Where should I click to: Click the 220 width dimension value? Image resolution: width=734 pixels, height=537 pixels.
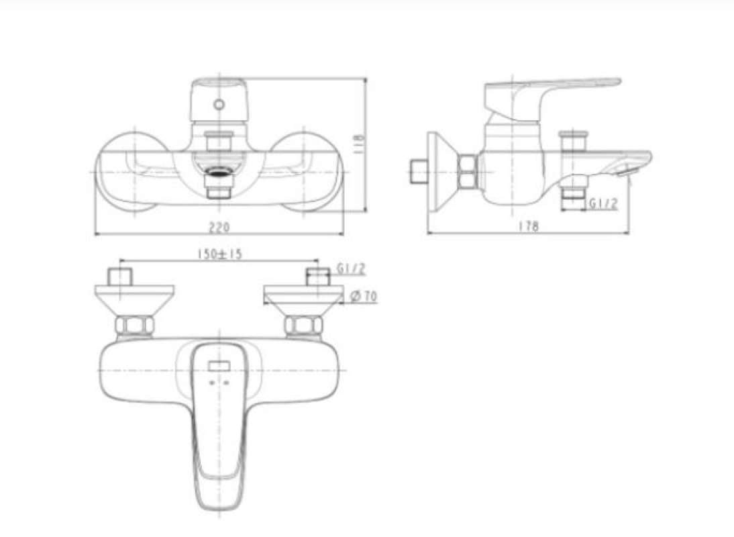[219, 228]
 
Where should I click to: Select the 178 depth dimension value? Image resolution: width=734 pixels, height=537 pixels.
[529, 226]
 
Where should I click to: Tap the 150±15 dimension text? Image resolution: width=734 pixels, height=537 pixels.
[219, 254]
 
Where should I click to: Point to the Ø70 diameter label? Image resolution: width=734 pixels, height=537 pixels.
[364, 296]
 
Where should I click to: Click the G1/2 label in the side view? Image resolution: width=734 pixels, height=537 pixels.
[603, 203]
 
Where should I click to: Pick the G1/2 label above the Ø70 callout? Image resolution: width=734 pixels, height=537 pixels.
[351, 269]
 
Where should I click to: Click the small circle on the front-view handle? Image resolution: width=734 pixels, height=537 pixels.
[219, 104]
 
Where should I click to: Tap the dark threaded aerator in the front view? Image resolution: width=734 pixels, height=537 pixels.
[219, 172]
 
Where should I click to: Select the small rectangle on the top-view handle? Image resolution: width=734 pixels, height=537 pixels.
[219, 366]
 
